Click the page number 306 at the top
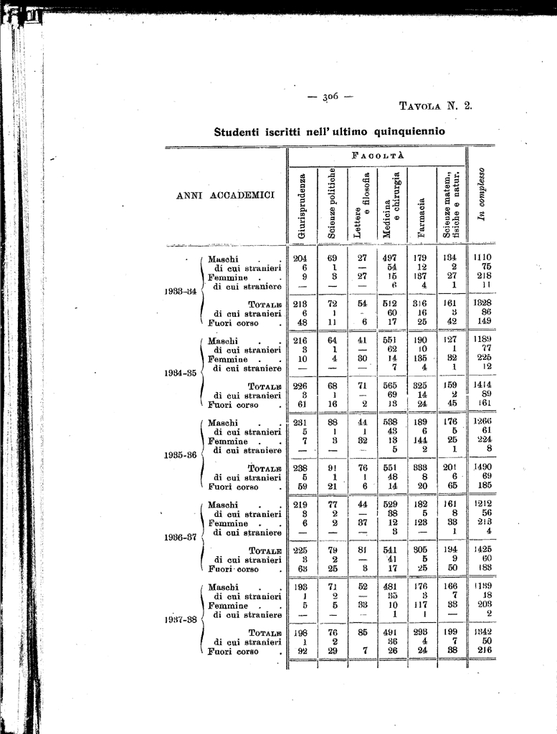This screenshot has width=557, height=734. tap(330, 96)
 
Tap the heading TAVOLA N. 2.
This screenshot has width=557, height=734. tap(435, 107)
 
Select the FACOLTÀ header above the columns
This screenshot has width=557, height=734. tap(377, 156)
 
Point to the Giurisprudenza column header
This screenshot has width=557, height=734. tap(302, 206)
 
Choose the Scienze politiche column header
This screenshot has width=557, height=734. tap(333, 204)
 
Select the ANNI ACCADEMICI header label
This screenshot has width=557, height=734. tap(225, 196)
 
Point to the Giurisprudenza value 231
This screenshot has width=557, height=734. tap(300, 423)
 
